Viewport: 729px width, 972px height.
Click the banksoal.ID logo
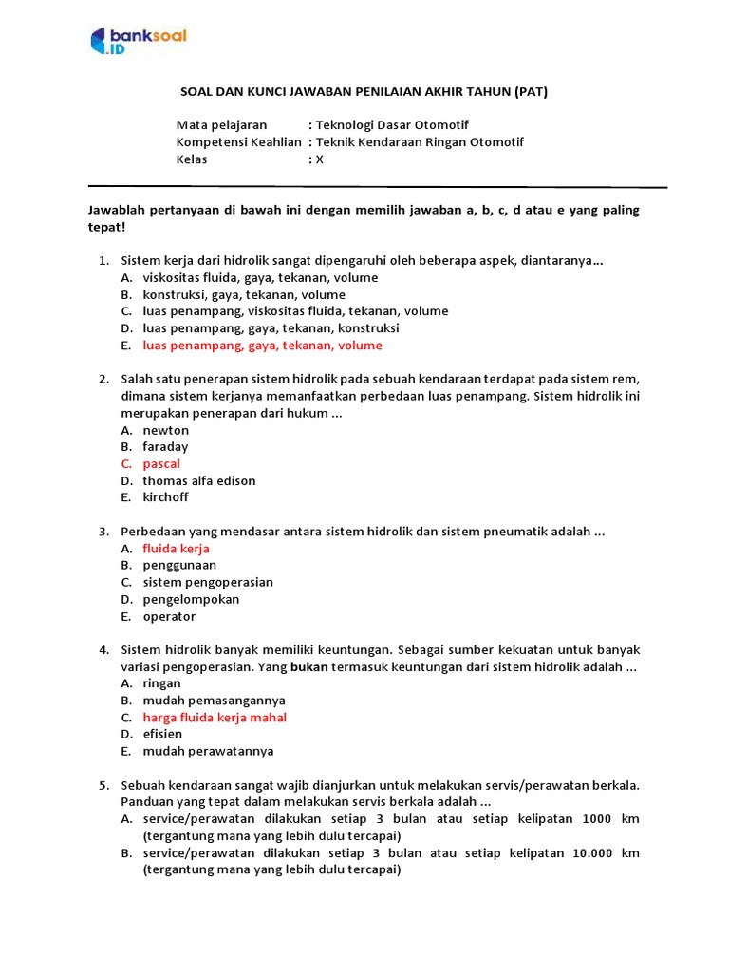point(139,41)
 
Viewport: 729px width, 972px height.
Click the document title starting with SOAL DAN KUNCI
point(364,92)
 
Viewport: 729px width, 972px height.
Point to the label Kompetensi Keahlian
point(238,142)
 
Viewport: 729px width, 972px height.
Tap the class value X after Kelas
point(320,159)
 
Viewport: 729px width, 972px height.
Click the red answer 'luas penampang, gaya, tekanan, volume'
point(262,346)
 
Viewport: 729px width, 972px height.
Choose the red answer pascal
point(161,464)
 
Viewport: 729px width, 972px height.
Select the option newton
point(166,430)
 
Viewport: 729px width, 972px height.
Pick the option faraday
point(165,447)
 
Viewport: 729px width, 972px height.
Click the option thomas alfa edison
point(199,481)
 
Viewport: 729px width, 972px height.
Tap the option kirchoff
point(166,497)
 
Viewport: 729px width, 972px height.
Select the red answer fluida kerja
point(176,549)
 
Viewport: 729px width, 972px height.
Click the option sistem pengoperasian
point(208,582)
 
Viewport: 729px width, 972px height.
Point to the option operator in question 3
point(169,616)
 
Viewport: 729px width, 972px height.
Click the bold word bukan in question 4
point(308,667)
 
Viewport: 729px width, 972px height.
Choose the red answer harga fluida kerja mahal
point(215,718)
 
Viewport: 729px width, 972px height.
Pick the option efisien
point(162,734)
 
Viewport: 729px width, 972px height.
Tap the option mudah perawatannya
point(208,751)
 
